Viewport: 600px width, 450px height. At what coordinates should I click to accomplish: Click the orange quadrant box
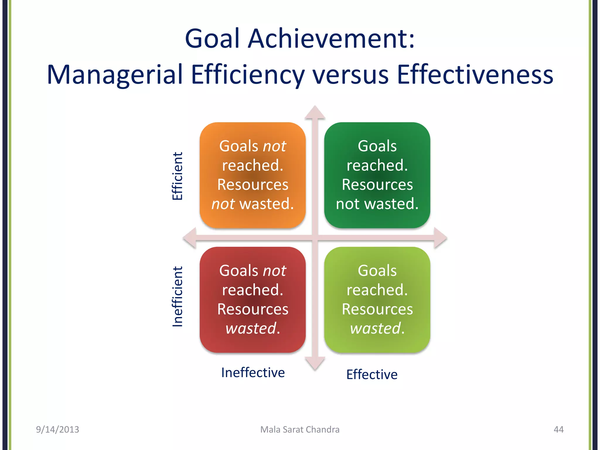pos(253,175)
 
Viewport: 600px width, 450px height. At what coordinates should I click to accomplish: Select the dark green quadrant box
pos(377,175)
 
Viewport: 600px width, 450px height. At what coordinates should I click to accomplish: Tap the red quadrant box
pos(253,299)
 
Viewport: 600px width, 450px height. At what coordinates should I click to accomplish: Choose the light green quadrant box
pos(377,299)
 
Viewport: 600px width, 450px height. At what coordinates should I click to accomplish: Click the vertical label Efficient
pos(177,176)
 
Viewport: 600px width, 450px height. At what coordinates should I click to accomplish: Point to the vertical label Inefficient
pos(177,296)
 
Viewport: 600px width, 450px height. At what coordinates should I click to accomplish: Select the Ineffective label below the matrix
pos(253,373)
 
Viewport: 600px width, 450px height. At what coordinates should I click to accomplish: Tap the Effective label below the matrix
pos(372,374)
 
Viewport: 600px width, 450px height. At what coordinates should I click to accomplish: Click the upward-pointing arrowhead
pos(315,113)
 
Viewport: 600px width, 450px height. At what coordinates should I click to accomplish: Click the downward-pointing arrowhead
pos(315,363)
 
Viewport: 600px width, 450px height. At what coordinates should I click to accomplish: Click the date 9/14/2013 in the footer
pos(57,429)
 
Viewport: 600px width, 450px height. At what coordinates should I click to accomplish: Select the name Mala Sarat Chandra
pos(300,429)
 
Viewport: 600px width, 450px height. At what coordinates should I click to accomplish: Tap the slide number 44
pos(558,429)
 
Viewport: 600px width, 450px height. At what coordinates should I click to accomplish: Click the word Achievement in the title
pos(331,39)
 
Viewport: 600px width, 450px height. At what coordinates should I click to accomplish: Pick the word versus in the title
pos(350,75)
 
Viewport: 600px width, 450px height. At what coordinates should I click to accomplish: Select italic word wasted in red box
pos(251,328)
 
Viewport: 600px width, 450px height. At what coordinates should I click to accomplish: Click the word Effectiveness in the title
pos(475,75)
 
